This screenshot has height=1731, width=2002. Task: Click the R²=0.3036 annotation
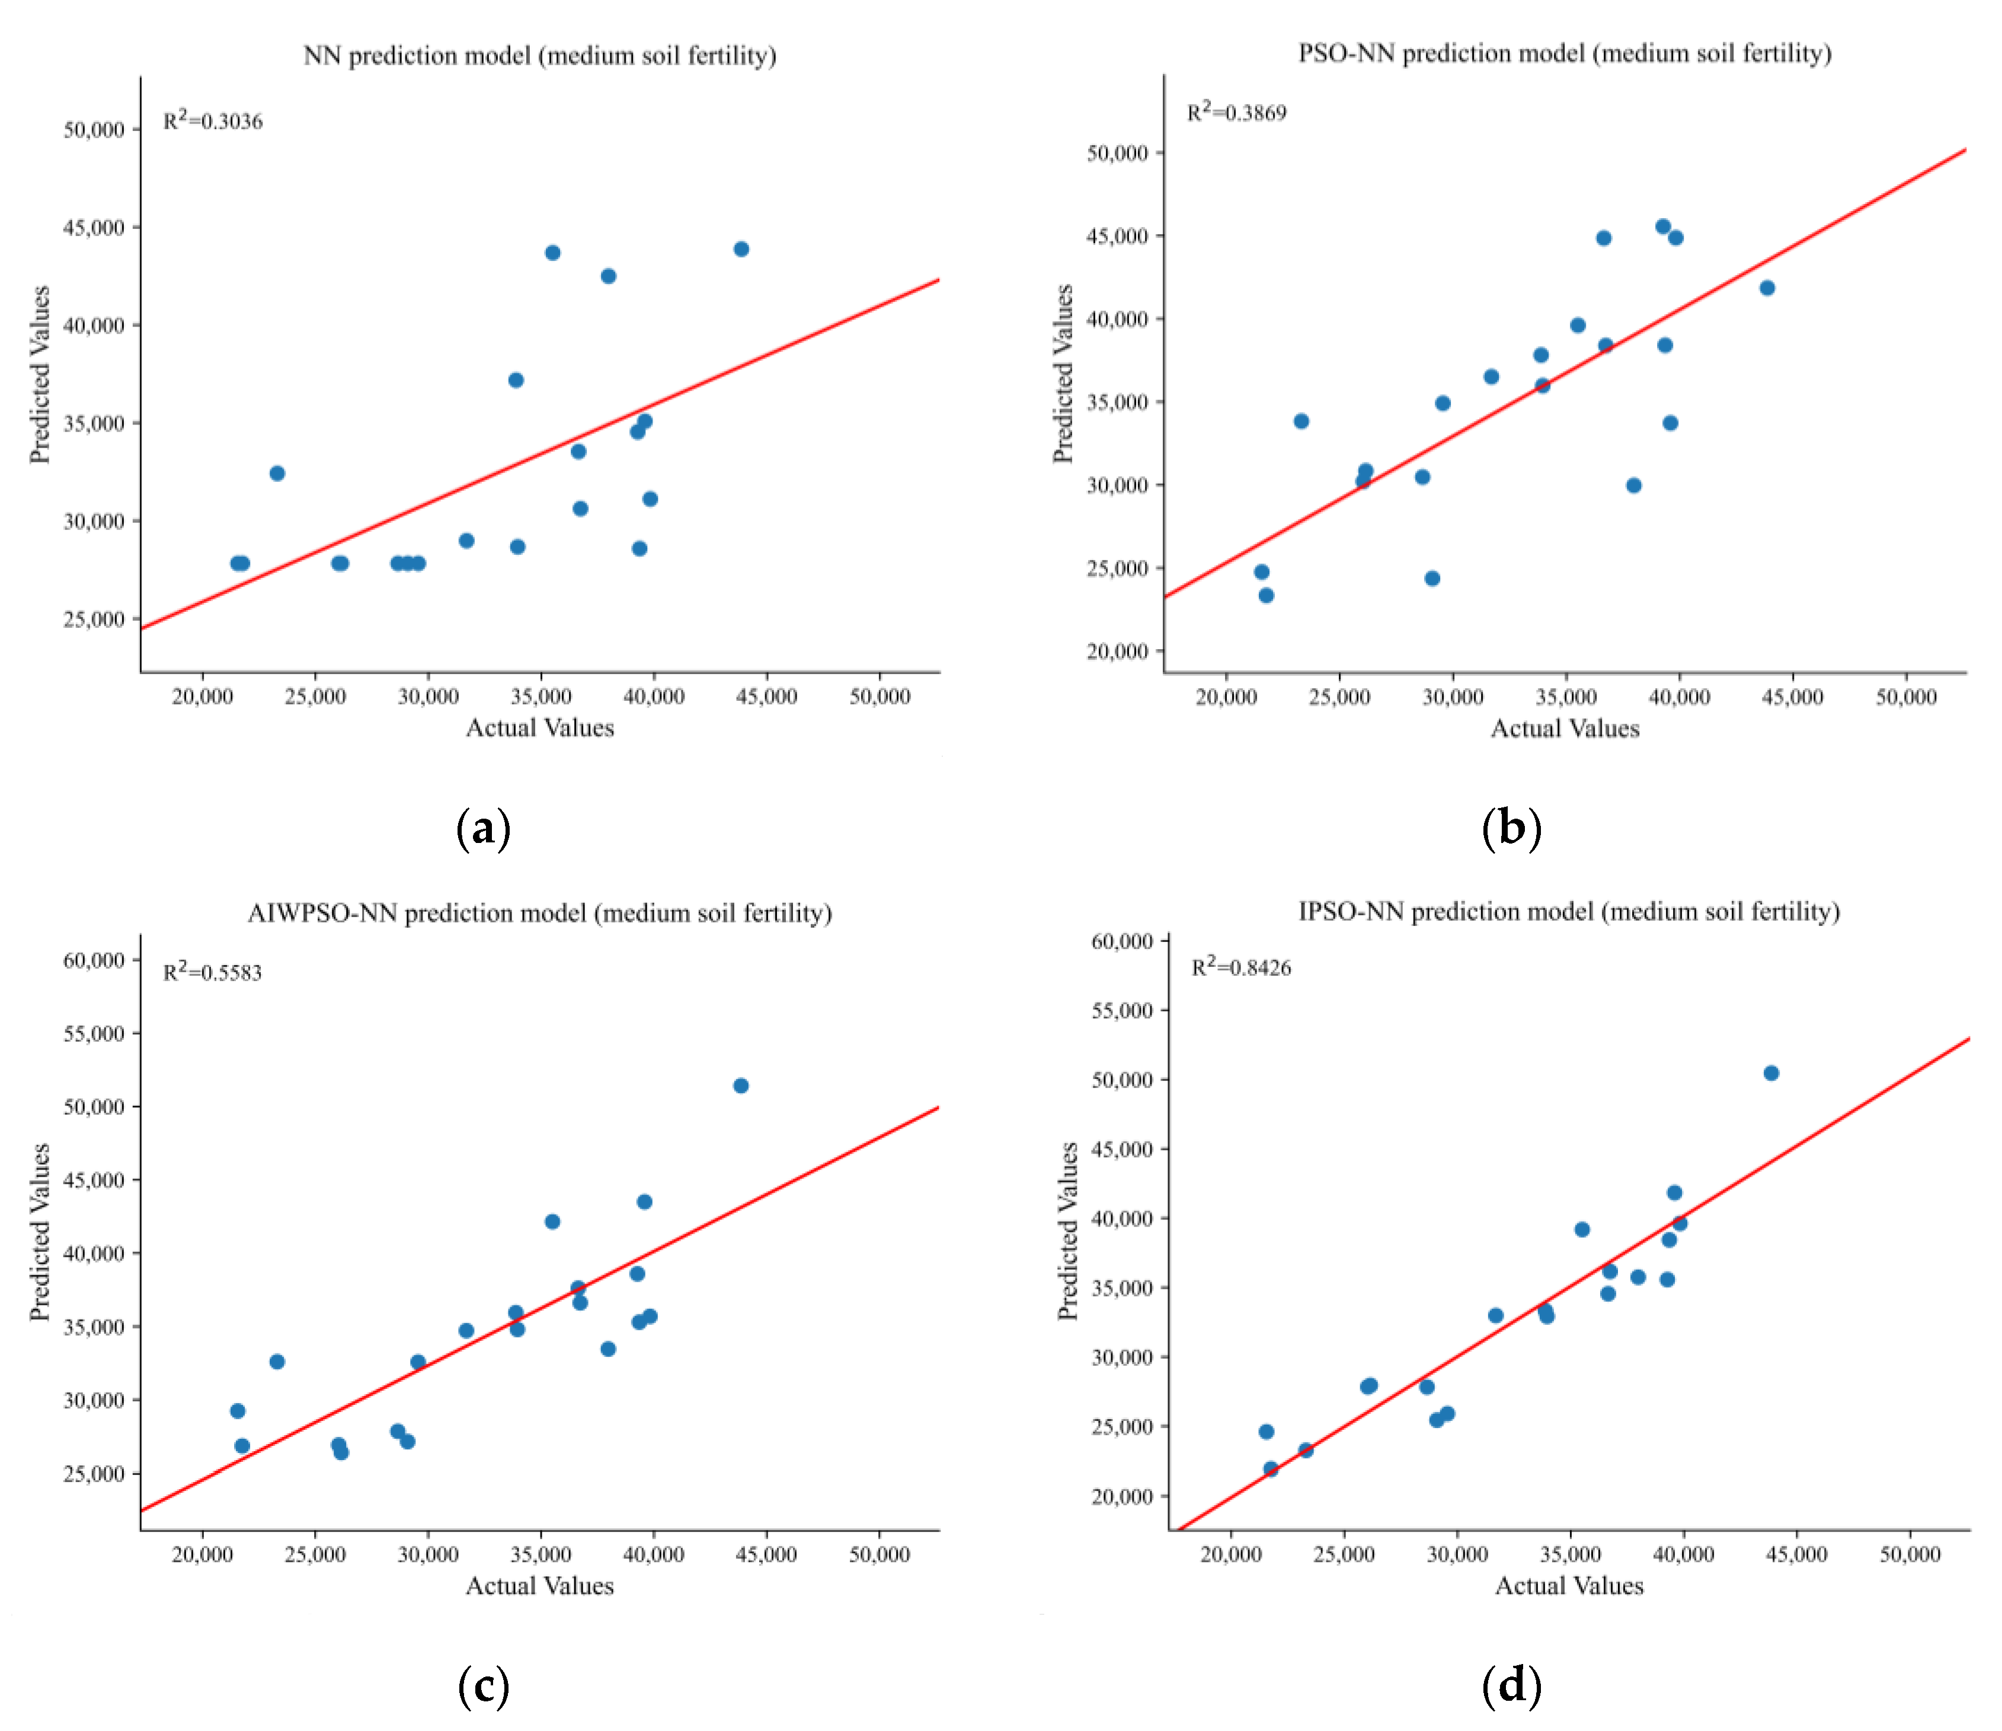click(213, 121)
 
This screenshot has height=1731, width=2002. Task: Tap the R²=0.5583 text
click(213, 972)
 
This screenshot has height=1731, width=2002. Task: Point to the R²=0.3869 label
click(1237, 112)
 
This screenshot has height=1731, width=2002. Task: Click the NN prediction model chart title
click(539, 55)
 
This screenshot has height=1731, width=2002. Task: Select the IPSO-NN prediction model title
click(1568, 911)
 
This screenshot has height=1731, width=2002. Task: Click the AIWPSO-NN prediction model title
click(539, 914)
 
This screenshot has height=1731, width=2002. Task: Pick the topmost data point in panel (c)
click(741, 1085)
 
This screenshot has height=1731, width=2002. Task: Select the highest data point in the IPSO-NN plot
click(1771, 1073)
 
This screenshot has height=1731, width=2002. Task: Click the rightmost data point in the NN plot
click(741, 250)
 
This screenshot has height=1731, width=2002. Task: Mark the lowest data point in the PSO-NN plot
click(1266, 595)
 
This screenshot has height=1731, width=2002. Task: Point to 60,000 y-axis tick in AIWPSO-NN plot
click(94, 960)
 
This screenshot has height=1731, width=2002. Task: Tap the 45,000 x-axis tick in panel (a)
click(766, 697)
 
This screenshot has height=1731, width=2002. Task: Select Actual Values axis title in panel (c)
click(539, 1586)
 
